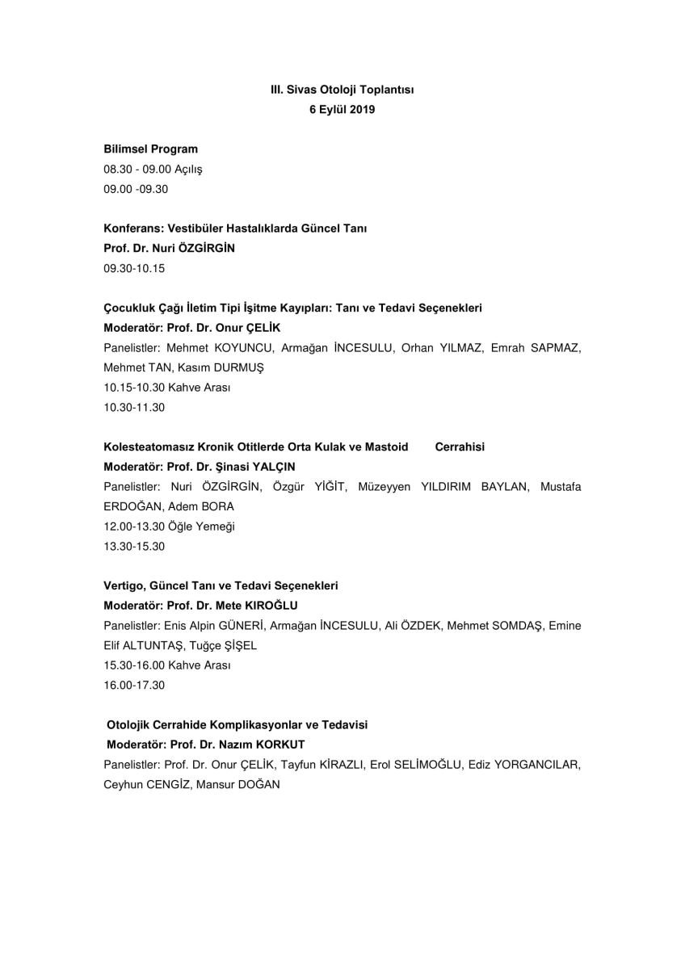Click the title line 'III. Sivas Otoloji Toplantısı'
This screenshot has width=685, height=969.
pos(342,90)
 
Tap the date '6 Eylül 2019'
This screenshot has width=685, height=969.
pos(342,110)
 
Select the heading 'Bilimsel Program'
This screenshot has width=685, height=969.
pos(150,149)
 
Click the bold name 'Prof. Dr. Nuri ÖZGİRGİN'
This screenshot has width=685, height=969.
pos(169,249)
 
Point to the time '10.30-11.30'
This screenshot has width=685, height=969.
pos(134,407)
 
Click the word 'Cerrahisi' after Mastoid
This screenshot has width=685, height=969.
pos(460,447)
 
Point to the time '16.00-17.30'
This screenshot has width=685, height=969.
pos(134,685)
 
